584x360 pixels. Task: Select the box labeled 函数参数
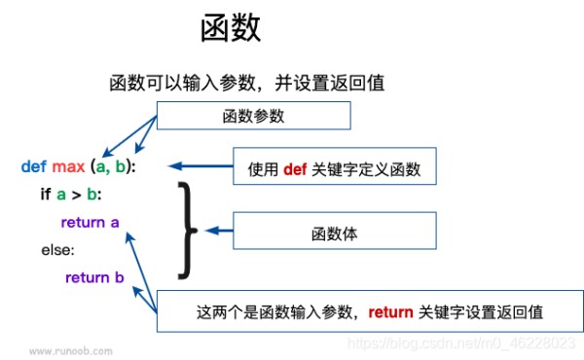[253, 117]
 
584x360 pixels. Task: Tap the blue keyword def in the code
[33, 166]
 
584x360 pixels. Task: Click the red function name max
[67, 166]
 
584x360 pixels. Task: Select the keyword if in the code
[46, 195]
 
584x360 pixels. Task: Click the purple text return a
[90, 223]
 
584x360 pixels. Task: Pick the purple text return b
[94, 278]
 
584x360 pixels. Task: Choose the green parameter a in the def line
[101, 166]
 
